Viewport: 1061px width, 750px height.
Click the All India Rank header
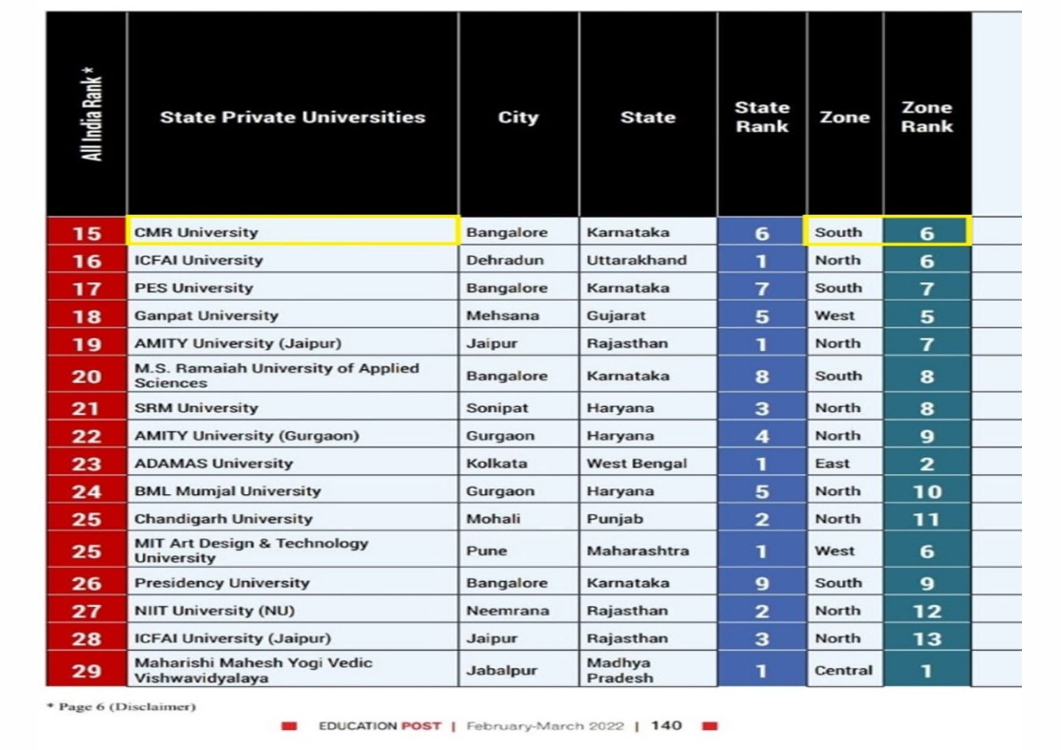point(91,114)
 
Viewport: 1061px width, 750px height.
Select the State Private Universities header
point(293,117)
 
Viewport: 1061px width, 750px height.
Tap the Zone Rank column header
point(927,117)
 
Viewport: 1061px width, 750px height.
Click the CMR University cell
point(196,232)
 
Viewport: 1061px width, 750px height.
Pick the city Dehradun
point(505,260)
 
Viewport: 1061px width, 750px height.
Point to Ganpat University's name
point(206,316)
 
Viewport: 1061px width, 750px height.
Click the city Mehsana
point(502,316)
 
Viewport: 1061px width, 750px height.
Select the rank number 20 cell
point(86,376)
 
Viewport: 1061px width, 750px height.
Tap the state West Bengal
point(637,464)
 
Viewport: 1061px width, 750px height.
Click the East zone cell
point(832,464)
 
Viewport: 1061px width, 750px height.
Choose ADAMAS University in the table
point(213,464)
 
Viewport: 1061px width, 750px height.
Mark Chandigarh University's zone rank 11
point(927,519)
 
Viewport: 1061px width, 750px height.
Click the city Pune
point(486,551)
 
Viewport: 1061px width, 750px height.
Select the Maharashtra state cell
point(638,551)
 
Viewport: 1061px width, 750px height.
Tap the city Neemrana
point(508,611)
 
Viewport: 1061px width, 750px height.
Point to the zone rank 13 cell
point(927,639)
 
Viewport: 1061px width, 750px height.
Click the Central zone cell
point(843,670)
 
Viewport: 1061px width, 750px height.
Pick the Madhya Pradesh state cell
point(620,670)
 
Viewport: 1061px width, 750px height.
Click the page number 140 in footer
point(666,726)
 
